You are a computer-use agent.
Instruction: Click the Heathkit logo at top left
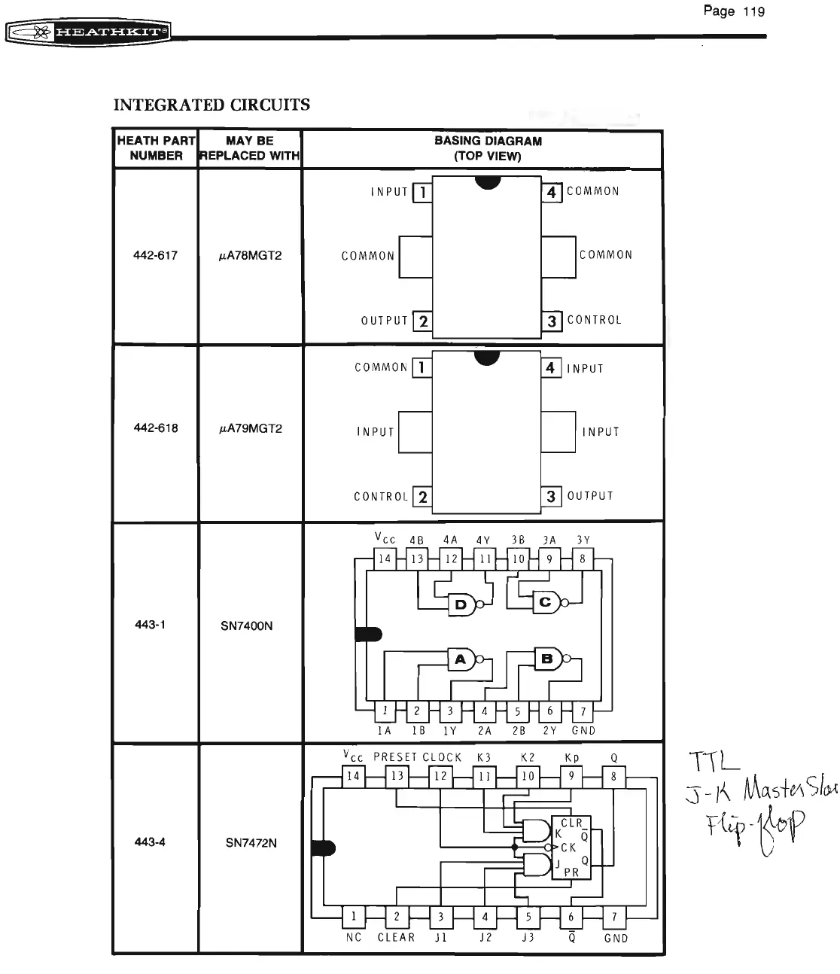pos(88,32)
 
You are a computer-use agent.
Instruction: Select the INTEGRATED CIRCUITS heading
pos(212,105)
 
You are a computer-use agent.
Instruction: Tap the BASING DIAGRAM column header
pos(488,148)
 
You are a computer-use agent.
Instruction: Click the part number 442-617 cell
pos(155,255)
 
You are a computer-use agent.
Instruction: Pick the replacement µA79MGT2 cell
pos(250,428)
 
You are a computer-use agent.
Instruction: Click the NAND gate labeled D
pos(461,604)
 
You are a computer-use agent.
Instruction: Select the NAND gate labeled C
pos(546,602)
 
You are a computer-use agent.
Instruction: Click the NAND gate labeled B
pos(548,659)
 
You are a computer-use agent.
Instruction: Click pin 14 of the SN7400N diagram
pos(385,559)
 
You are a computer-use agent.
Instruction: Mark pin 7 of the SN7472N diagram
pos(615,917)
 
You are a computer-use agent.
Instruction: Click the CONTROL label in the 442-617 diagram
pos(595,320)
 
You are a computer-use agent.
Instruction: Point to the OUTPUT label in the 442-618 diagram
pos(590,496)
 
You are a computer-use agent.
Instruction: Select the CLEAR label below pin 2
pos(396,937)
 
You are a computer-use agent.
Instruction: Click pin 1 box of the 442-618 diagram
pos(423,367)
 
